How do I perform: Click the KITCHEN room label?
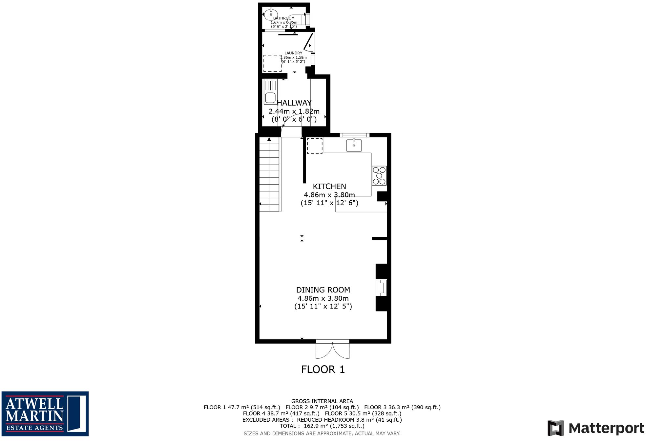tap(329, 187)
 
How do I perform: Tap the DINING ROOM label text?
tap(323, 290)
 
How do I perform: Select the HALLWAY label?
tap(294, 103)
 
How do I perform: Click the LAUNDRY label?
tap(293, 53)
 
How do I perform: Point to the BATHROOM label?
tap(284, 18)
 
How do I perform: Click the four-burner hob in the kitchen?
tap(379, 176)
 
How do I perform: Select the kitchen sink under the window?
tap(354, 145)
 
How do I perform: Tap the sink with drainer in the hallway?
tap(270, 92)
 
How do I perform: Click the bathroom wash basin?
tap(271, 14)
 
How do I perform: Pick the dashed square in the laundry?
tap(272, 63)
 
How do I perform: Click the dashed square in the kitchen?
tap(315, 146)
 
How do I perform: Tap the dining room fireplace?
tap(382, 288)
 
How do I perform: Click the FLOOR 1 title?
tap(323, 370)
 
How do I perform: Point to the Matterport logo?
tap(595, 428)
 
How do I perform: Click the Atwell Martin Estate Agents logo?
tap(45, 413)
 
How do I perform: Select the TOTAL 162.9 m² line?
tap(322, 426)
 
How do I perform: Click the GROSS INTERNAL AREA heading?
tap(322, 401)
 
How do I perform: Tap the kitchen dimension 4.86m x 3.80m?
tap(329, 195)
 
